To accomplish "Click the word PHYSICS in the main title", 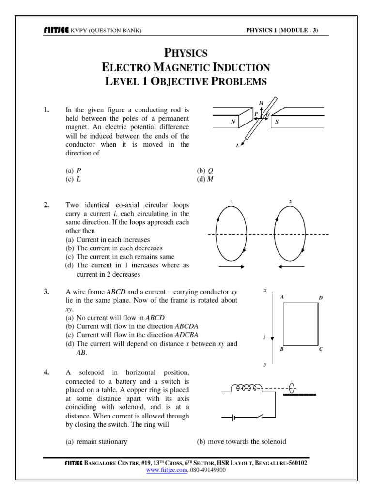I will (x=186, y=52).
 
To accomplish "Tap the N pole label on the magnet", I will (x=233, y=123).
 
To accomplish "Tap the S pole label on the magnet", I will (x=277, y=123).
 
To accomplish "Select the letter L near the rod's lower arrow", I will (x=237, y=146).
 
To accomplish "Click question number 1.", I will (x=46, y=110).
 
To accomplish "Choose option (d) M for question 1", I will (x=205, y=179).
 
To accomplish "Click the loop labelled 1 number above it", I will (x=232, y=201).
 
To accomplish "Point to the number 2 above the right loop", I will (x=290, y=201).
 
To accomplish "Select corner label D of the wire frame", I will (x=320, y=298).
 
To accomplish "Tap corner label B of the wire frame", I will (x=282, y=349).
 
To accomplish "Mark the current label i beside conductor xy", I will (x=264, y=337).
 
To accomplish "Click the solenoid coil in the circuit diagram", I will (x=247, y=387).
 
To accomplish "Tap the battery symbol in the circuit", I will (x=234, y=417).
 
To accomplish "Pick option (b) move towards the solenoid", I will (x=241, y=441).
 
